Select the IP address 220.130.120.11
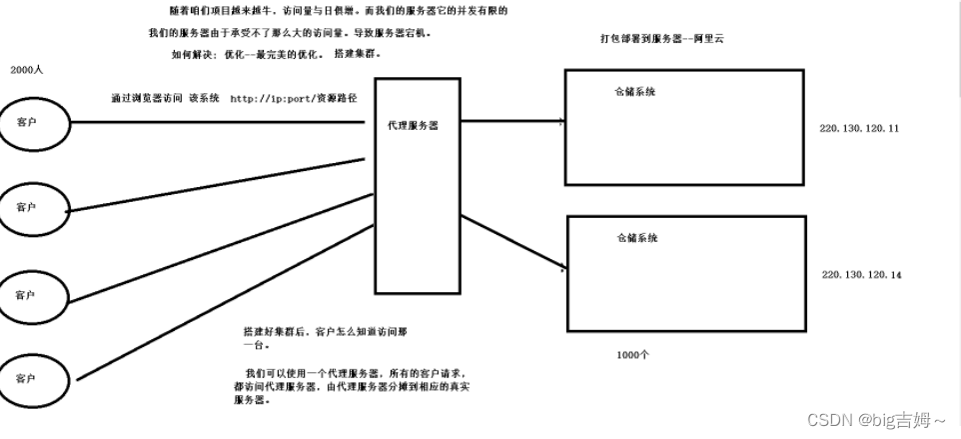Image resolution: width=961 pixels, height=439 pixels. coord(859,129)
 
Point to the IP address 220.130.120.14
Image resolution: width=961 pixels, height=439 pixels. coord(861,273)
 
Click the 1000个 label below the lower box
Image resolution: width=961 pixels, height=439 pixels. coord(633,355)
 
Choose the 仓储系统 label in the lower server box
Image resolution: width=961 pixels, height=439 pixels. coord(637,238)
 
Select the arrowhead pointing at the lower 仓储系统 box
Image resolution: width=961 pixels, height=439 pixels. coord(561,268)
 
